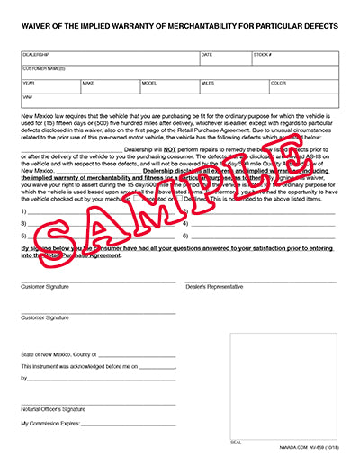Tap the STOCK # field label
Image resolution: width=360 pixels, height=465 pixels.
click(264, 55)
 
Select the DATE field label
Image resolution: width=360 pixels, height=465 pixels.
click(207, 55)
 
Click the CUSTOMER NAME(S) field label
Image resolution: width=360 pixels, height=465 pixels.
click(44, 68)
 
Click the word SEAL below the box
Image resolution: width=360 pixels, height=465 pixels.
click(237, 443)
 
